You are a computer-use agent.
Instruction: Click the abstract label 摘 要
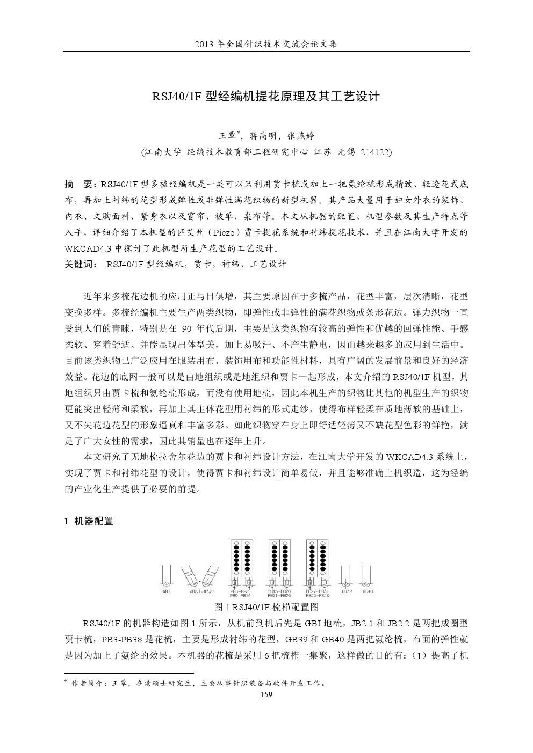point(78,185)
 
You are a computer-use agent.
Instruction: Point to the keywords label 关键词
point(78,264)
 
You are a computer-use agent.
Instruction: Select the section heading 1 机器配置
point(89,521)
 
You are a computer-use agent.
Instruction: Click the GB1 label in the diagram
point(166,591)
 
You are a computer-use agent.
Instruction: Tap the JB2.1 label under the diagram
point(195,591)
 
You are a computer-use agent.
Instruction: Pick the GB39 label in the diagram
point(347,591)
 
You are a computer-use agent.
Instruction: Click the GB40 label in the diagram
point(368,591)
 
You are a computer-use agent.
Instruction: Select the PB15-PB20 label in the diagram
point(279,591)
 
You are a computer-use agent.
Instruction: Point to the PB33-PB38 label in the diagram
point(317,595)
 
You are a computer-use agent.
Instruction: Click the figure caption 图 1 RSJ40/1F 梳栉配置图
point(266,607)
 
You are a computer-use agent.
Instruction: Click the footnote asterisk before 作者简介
point(66,682)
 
